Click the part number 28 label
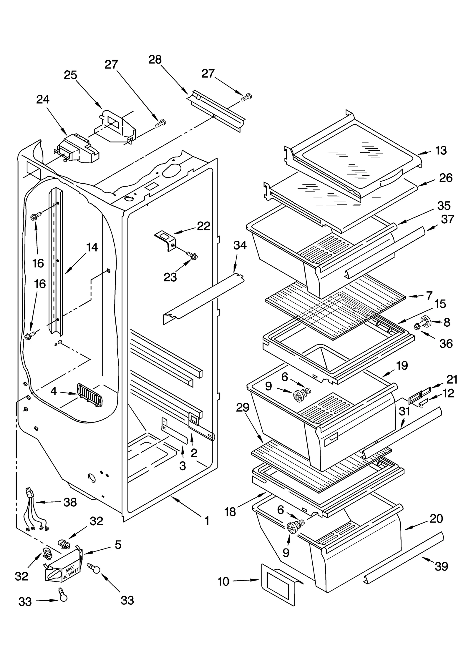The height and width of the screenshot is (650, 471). [155, 60]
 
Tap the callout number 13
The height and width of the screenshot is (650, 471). [441, 151]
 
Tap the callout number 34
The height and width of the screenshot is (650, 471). [240, 245]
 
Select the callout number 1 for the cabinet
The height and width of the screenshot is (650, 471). [207, 521]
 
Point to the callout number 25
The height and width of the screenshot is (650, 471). [71, 75]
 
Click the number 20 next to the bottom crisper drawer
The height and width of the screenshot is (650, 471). [436, 518]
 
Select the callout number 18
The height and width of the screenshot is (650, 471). [230, 512]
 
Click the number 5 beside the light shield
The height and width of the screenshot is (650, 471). [118, 545]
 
